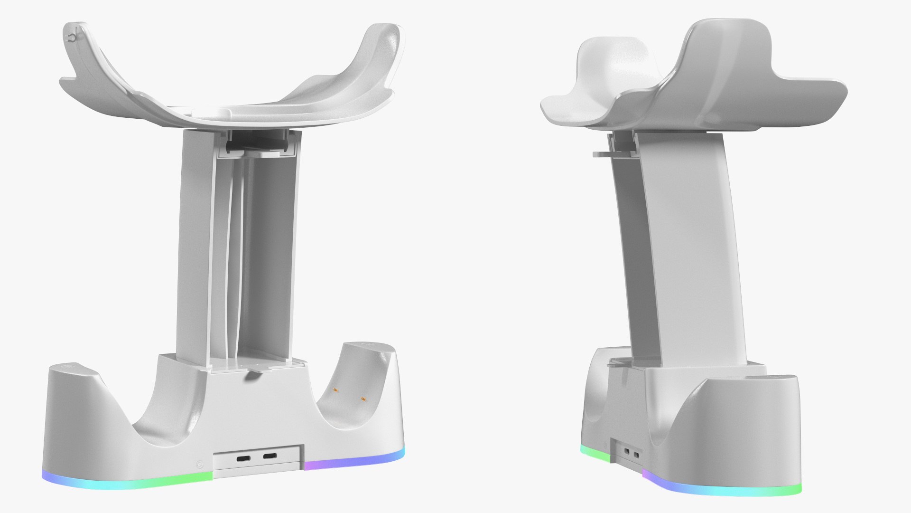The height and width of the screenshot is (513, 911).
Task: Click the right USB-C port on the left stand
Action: point(270,457)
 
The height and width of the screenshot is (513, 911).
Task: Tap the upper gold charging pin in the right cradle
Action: point(335,390)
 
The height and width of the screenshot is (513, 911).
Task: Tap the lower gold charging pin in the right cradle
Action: point(364,399)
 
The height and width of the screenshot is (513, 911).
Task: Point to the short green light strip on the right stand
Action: point(595,454)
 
